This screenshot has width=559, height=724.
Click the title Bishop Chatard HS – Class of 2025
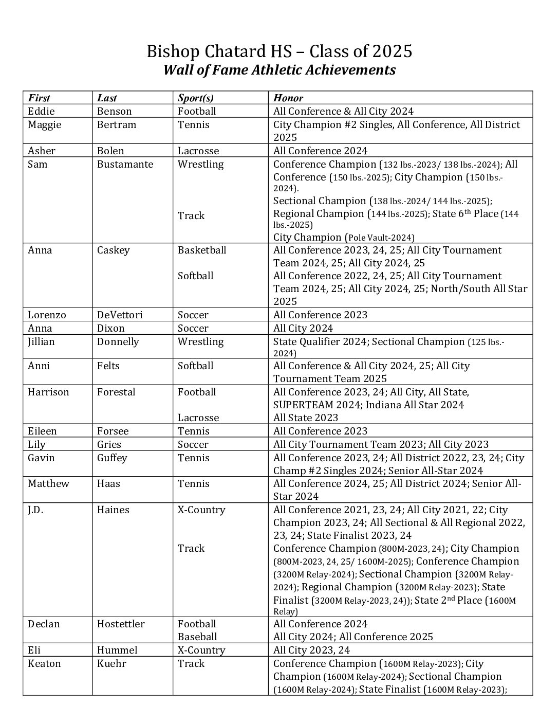pos(279,51)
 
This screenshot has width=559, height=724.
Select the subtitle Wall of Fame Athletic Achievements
pos(279,70)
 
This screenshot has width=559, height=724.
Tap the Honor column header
pos(288,98)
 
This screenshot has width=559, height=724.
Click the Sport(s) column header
pos(195,98)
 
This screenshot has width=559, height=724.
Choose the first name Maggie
pos(45,125)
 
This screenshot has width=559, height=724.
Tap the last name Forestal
pos(116,392)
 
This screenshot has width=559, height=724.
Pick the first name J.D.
pos(35,510)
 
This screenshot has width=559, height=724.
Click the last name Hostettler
pos(121,624)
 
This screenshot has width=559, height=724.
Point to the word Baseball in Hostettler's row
pos(197,637)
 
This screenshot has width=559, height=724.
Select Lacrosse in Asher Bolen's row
pos(198,151)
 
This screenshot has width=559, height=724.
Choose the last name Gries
pos(109,445)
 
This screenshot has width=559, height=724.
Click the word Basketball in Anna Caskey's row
pos(202,250)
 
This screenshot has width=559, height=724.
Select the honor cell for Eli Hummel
pos(311,650)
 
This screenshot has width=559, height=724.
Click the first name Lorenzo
pos(47,315)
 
